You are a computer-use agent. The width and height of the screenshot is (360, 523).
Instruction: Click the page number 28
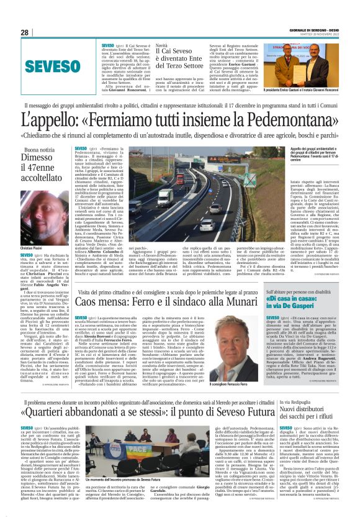(x=25, y=33)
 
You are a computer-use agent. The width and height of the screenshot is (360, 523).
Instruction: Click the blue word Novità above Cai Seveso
(x=161, y=46)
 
